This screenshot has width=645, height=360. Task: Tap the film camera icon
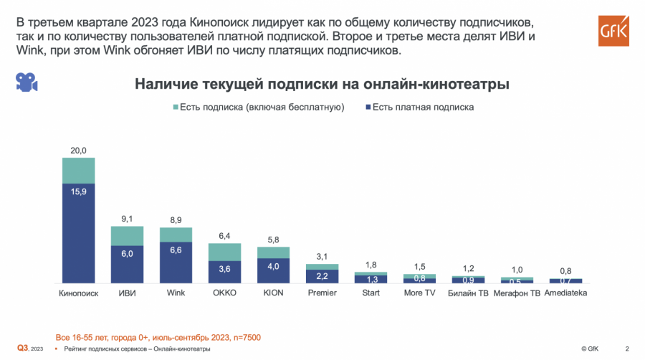(x=27, y=82)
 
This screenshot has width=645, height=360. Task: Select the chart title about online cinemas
(x=322, y=85)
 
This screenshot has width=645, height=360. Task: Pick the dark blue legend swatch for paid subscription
(x=367, y=108)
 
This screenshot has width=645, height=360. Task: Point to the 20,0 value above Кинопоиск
(x=78, y=151)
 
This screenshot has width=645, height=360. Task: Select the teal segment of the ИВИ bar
(x=127, y=236)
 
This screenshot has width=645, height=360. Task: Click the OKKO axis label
(x=224, y=293)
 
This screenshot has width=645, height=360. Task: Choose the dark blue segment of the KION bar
(x=273, y=270)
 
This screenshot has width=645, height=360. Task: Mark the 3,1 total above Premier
(x=322, y=256)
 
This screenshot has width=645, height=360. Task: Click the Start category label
(x=371, y=293)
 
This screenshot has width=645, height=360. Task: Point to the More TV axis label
(x=419, y=293)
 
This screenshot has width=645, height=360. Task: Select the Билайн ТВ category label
(x=468, y=293)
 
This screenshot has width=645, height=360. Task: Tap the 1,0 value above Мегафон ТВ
(x=517, y=269)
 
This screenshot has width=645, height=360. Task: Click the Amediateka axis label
(x=565, y=293)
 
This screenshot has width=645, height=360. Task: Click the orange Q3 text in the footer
(x=23, y=349)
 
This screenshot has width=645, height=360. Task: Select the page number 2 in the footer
(x=628, y=349)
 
